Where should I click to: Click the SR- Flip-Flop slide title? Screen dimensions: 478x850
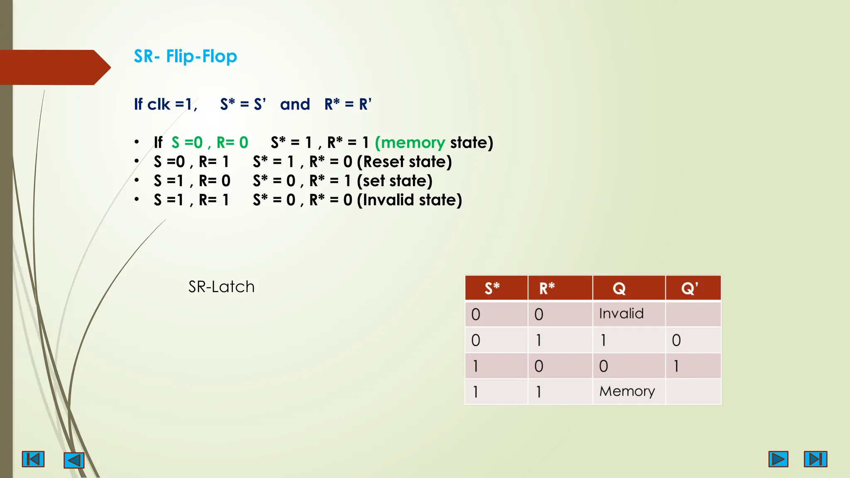coord(185,56)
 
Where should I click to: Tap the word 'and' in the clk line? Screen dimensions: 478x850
coord(295,104)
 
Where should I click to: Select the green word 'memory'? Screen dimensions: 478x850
coord(413,143)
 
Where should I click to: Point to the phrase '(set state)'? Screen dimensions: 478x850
coord(394,181)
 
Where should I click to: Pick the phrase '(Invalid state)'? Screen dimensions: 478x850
coord(409,200)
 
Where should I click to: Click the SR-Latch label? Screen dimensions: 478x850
coord(221,287)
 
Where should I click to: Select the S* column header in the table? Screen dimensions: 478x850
coord(492,288)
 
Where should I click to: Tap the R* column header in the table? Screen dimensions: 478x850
coord(547,288)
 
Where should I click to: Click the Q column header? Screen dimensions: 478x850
coord(619,288)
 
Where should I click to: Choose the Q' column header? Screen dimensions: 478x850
coord(689,288)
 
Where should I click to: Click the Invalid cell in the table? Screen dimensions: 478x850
coord(621,313)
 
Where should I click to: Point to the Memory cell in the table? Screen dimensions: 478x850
coord(627,391)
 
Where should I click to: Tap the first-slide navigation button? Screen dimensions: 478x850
coord(33,459)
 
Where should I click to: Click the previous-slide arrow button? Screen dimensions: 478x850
coord(74,460)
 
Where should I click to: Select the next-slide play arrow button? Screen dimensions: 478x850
coord(778,459)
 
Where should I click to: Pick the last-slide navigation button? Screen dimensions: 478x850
coord(815,459)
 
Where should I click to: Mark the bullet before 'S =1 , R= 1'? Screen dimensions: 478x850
coord(137,200)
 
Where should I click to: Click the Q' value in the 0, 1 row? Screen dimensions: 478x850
coord(676,340)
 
